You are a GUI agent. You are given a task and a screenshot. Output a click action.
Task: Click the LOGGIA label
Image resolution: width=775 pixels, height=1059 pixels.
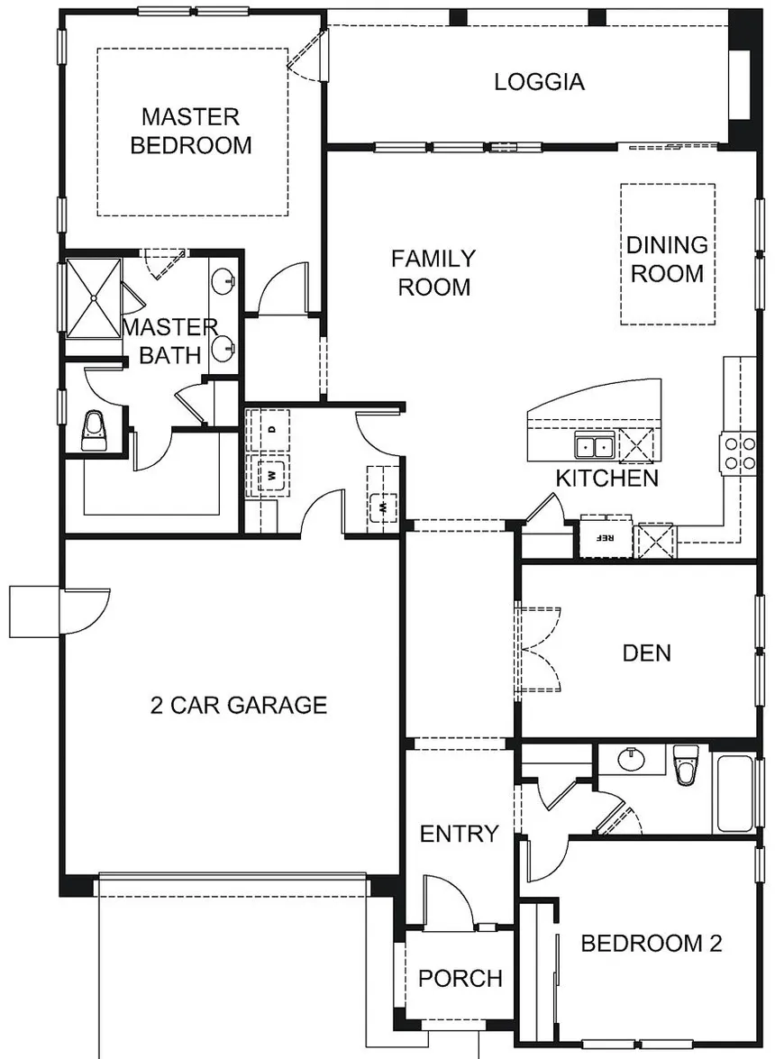click(539, 82)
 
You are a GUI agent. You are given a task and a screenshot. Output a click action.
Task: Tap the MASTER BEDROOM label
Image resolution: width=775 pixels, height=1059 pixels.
click(191, 131)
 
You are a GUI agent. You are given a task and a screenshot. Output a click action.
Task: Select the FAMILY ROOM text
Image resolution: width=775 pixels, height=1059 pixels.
click(433, 273)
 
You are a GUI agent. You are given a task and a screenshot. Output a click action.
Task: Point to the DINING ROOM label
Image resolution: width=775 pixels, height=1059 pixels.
click(667, 259)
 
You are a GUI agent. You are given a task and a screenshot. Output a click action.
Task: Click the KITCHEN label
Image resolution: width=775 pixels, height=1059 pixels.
click(606, 478)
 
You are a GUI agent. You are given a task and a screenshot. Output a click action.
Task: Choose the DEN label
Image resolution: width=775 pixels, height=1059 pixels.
click(647, 652)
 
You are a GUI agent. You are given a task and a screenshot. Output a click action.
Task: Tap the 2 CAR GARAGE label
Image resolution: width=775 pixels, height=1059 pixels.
click(238, 705)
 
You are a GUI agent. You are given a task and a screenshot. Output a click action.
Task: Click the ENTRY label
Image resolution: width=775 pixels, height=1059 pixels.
click(459, 834)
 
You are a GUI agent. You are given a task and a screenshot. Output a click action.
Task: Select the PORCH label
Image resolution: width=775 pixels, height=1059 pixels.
click(460, 978)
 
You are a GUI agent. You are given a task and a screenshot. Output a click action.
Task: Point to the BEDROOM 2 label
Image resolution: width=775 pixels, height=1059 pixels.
click(652, 944)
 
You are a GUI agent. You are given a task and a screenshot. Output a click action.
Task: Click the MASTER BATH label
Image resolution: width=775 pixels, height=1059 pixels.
click(170, 341)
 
